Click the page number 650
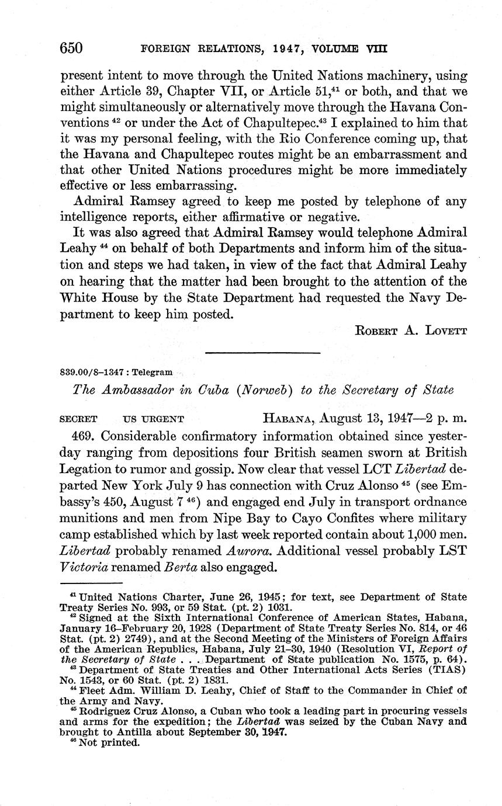click(73, 48)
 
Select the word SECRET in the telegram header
click(78, 419)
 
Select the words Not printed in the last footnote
click(109, 744)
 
